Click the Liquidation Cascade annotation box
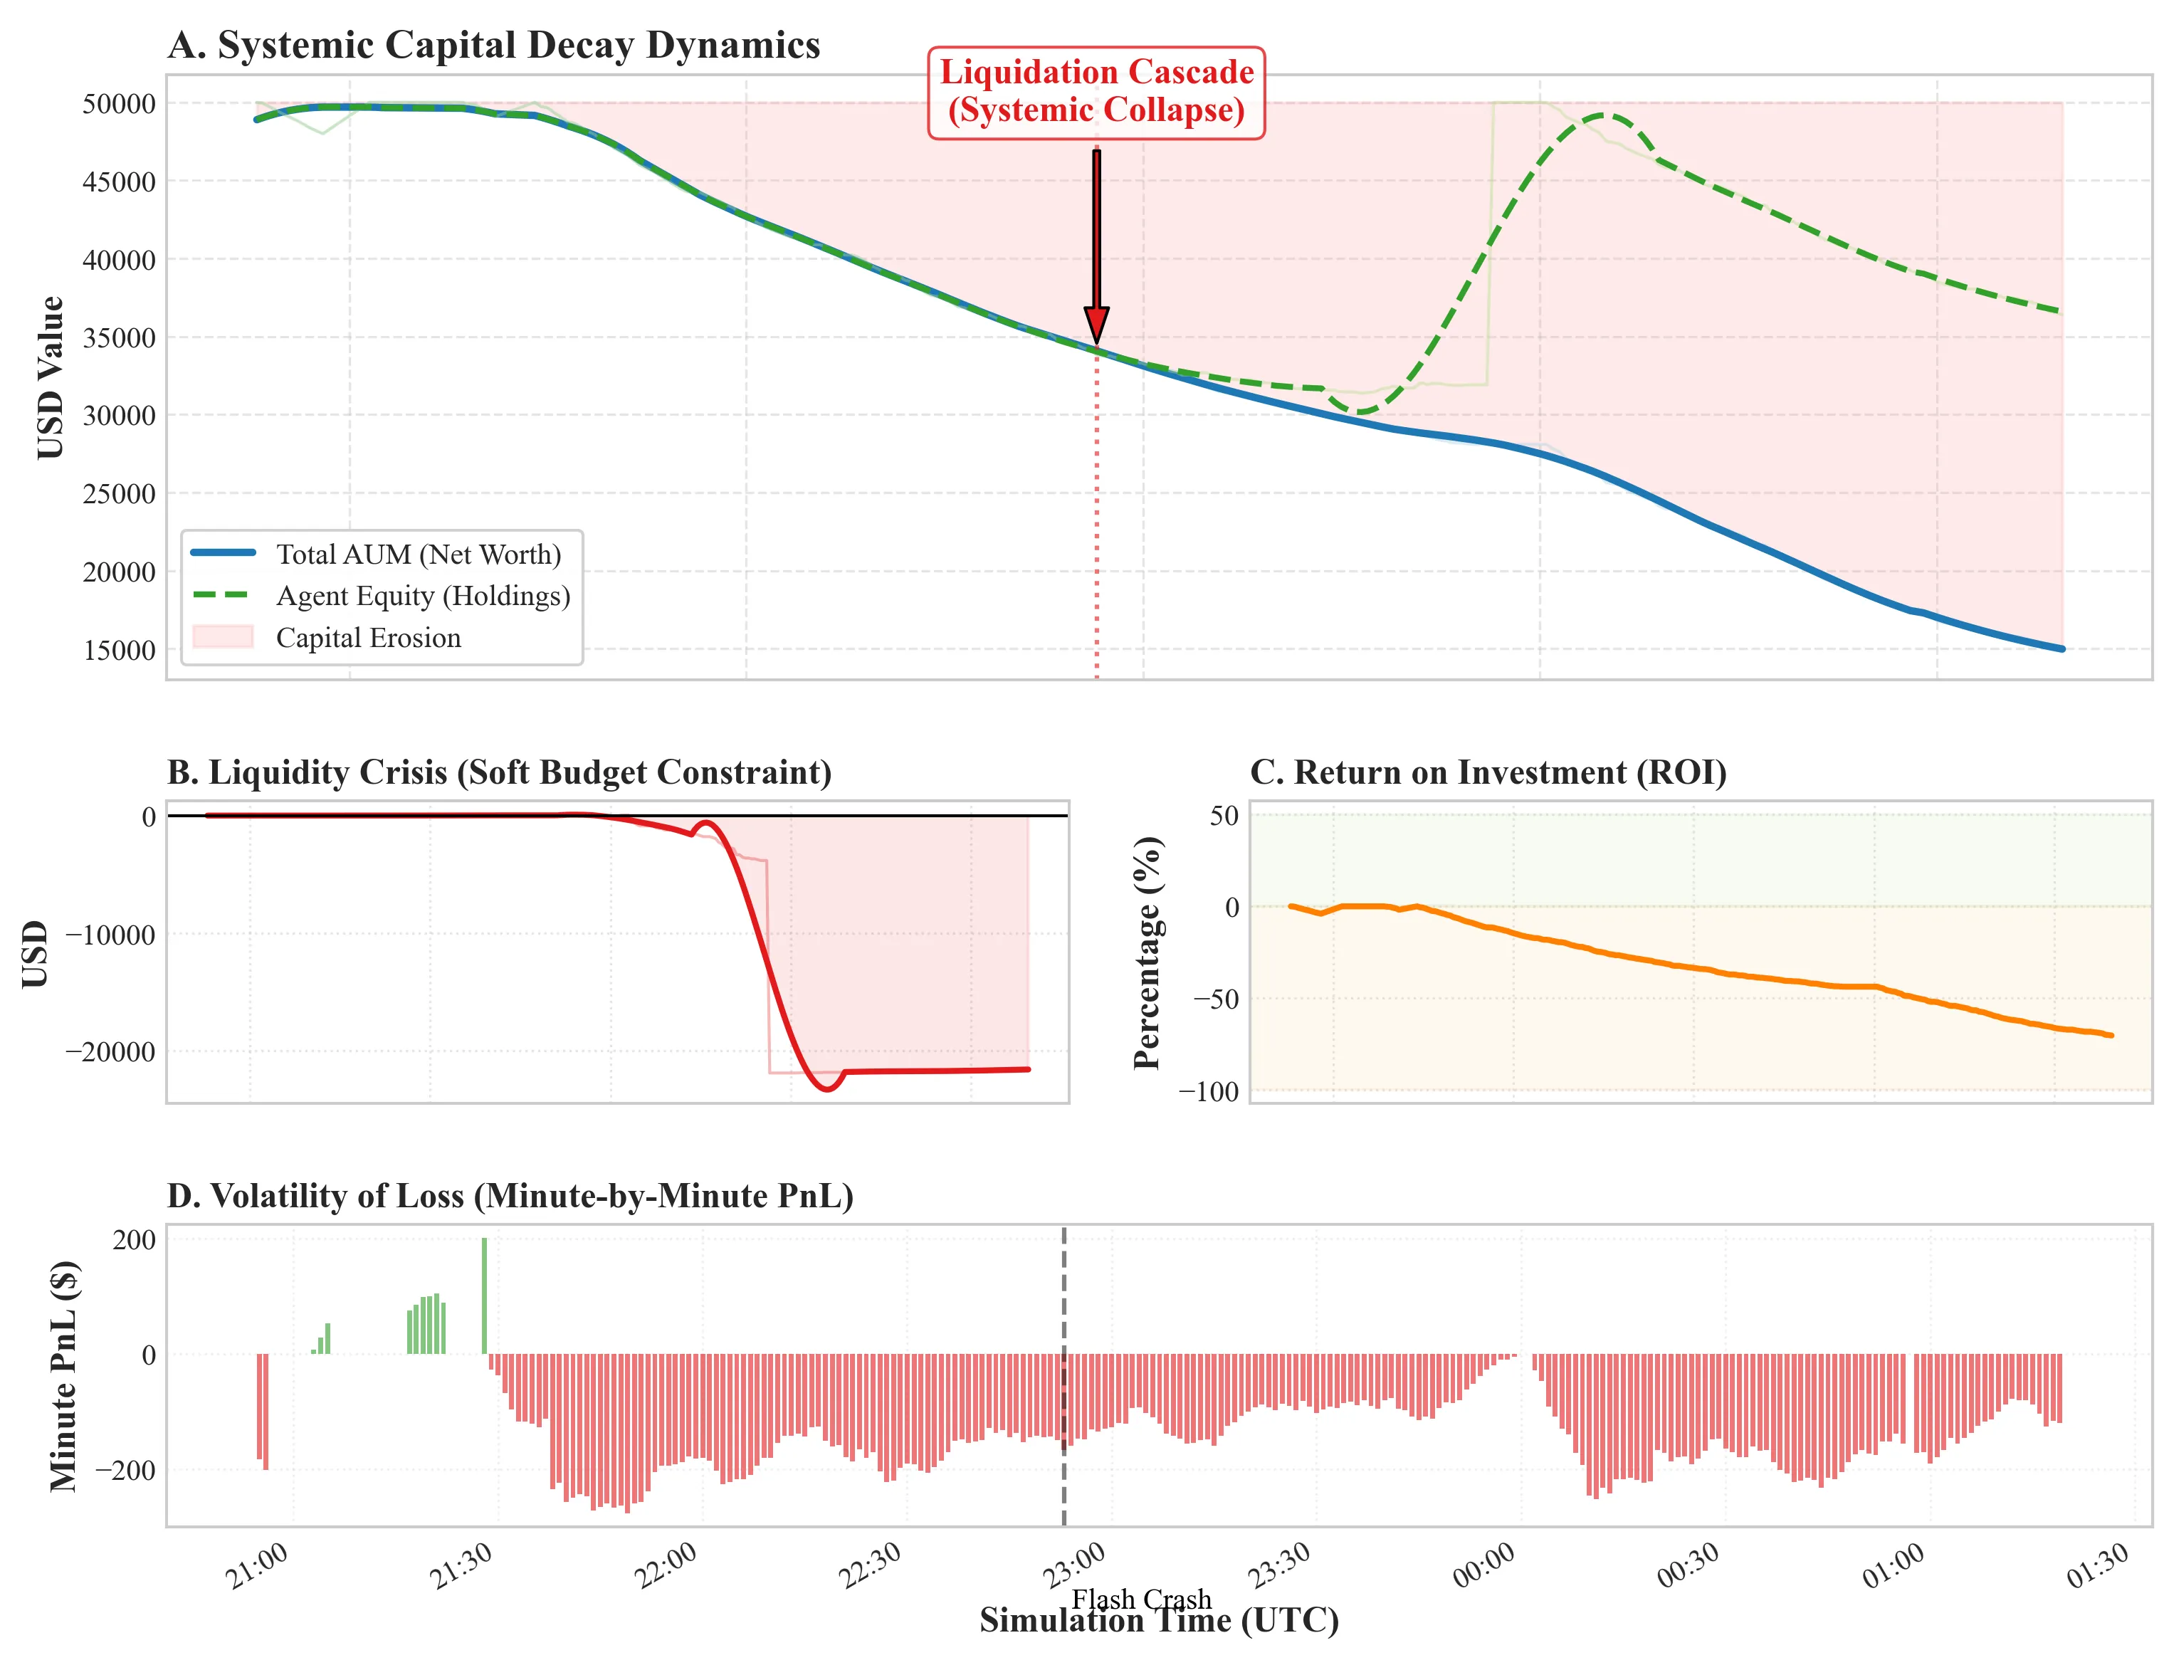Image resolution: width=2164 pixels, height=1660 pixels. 1096,91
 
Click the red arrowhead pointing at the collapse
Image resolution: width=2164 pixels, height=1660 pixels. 1096,325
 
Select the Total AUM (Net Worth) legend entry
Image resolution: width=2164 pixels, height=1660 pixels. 418,555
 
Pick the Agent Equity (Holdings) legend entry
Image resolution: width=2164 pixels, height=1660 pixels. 422,596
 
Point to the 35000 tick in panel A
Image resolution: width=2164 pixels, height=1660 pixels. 119,338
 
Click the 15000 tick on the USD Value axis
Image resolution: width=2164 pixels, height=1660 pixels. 119,650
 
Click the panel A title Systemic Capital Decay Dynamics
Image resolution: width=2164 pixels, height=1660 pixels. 493,46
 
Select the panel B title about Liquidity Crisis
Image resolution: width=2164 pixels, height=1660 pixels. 499,772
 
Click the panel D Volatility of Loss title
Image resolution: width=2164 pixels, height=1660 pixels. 510,1196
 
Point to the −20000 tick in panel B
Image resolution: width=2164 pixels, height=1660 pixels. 110,1052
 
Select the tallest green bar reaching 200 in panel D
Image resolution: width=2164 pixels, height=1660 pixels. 484,1296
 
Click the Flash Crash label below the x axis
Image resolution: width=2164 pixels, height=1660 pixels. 1141,1598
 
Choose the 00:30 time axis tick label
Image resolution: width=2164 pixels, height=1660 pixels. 1688,1566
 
